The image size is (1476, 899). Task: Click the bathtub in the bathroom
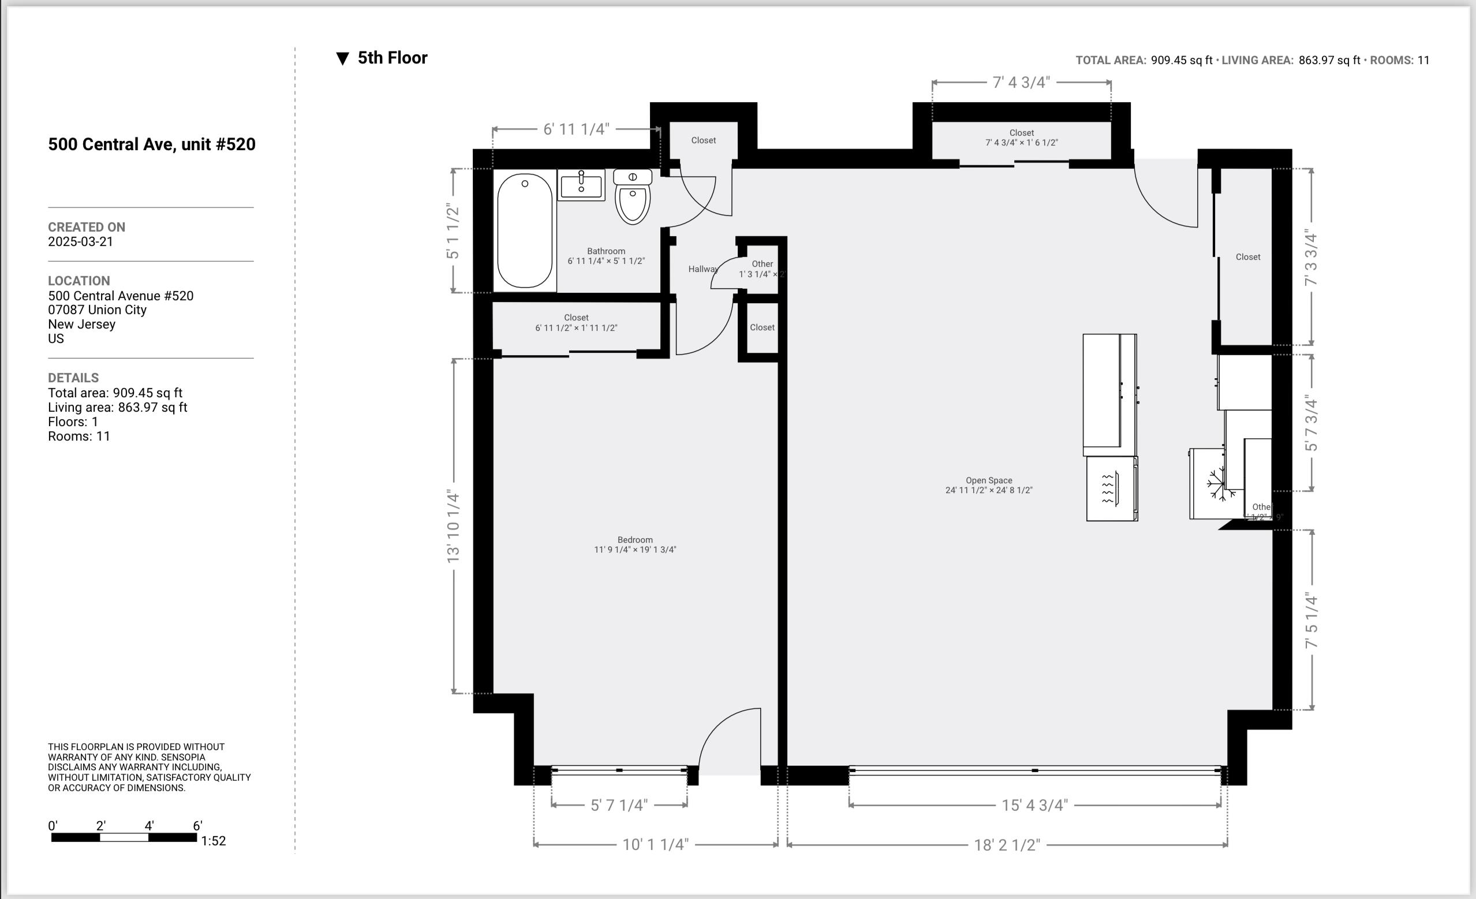525,232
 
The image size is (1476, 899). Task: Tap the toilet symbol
633,197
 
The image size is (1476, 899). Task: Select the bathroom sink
581,185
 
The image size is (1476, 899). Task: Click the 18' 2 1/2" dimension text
1007,845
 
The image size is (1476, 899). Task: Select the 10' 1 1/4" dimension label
655,845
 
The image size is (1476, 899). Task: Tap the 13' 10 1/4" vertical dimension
454,526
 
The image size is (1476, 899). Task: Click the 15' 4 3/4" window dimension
1034,805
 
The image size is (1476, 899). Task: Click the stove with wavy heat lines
1111,488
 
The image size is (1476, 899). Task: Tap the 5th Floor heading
393,58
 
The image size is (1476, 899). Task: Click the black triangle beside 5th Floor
343,59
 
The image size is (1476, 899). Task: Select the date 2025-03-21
80,241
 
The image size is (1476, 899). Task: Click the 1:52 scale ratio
213,841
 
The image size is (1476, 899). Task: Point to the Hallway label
702,269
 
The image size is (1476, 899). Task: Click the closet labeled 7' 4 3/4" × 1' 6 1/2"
1021,138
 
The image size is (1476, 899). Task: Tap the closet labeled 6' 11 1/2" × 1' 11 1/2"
576,322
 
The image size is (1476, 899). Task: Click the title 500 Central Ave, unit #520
152,144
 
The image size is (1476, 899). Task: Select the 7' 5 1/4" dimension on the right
1311,620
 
